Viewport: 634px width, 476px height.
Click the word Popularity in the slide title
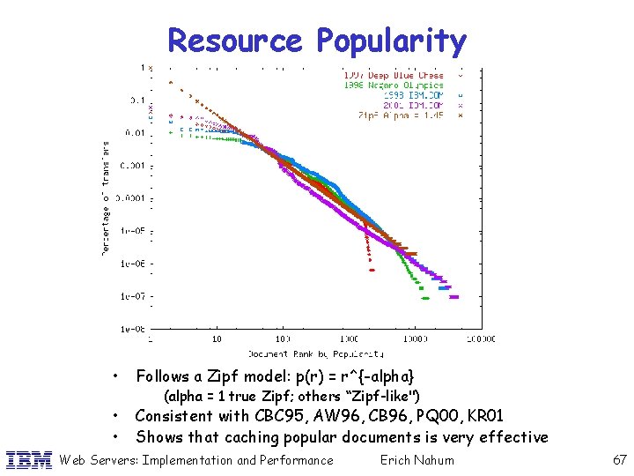click(391, 41)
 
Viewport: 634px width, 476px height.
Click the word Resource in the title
click(234, 41)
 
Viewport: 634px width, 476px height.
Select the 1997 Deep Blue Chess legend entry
click(394, 75)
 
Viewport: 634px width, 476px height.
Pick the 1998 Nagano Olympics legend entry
click(393, 85)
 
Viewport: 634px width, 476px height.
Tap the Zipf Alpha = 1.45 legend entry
click(402, 115)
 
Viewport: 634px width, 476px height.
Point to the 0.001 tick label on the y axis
click(136, 166)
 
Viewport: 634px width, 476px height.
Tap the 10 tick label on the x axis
click(217, 338)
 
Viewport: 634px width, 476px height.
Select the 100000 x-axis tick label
click(480, 338)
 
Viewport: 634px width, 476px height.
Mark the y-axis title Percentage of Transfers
click(105, 199)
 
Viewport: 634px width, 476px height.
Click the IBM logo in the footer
click(29, 459)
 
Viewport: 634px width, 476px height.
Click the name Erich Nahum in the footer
click(417, 459)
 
